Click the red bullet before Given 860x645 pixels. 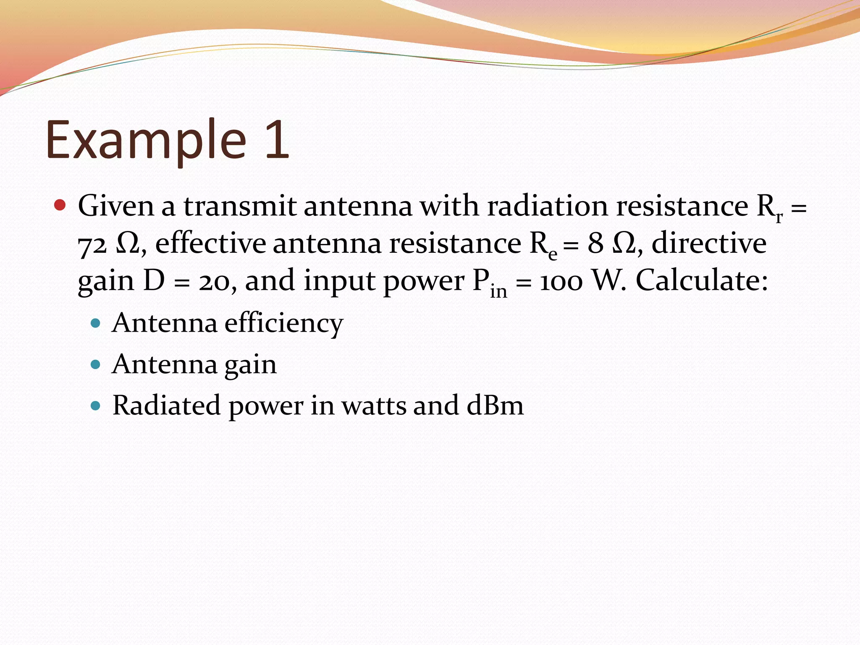point(60,205)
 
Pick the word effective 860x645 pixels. point(210,243)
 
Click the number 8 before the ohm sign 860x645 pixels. point(595,243)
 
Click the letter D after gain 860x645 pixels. point(154,281)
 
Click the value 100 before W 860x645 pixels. point(561,282)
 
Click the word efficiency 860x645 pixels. point(284,324)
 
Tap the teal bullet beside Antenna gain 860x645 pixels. point(96,364)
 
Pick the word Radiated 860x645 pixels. point(166,406)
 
